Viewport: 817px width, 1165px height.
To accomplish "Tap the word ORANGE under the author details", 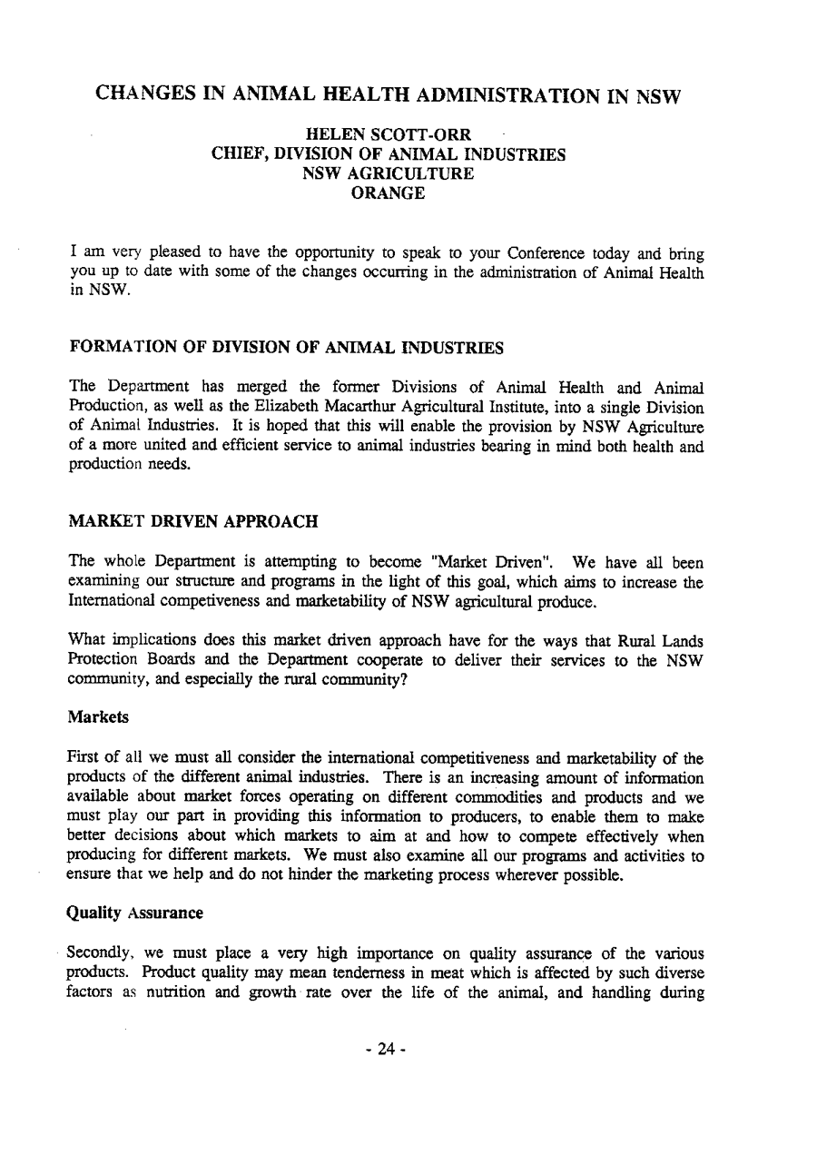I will click(389, 193).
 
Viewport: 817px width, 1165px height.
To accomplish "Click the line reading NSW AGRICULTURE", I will click(389, 173).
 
